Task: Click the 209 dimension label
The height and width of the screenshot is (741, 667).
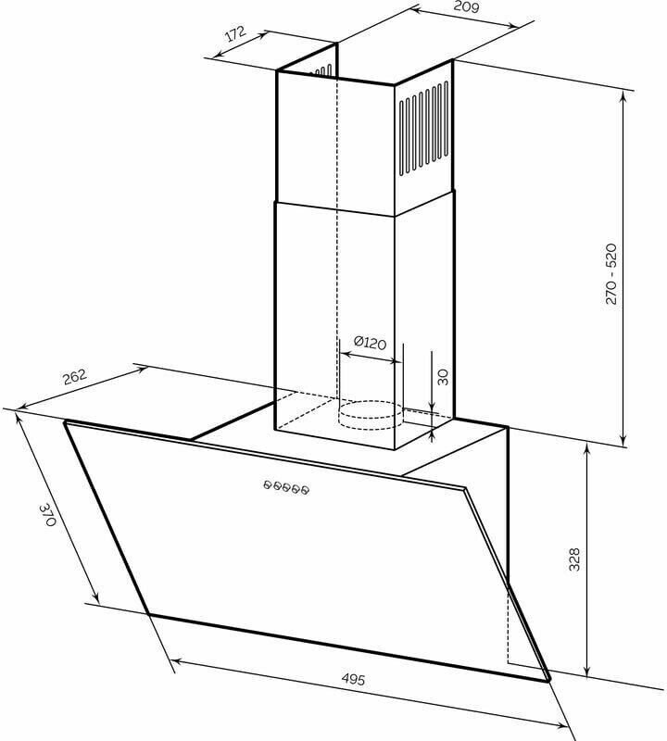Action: click(466, 6)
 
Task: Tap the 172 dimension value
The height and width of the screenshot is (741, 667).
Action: click(235, 33)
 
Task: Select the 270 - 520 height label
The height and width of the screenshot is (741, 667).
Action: click(611, 274)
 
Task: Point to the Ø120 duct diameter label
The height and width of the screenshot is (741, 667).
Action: click(370, 342)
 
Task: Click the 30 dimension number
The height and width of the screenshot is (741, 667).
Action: click(443, 377)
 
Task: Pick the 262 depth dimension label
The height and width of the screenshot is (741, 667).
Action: click(75, 377)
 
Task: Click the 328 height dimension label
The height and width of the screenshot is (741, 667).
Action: click(573, 559)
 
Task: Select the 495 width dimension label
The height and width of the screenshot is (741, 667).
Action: click(353, 679)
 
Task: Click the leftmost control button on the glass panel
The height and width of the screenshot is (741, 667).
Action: click(268, 484)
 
